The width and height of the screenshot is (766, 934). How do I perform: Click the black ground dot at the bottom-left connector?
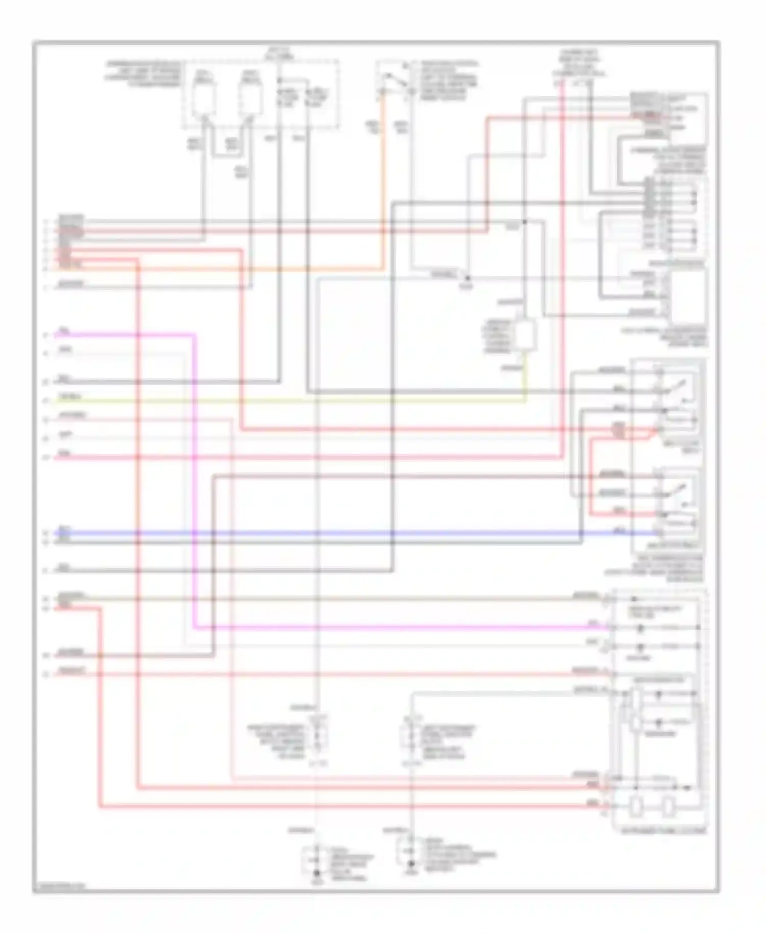tap(317, 874)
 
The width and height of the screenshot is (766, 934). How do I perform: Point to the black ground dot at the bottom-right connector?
tap(411, 864)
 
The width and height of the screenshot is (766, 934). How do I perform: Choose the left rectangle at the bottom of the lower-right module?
tap(636, 807)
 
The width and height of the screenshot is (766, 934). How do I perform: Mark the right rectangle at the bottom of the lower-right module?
tap(668, 807)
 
